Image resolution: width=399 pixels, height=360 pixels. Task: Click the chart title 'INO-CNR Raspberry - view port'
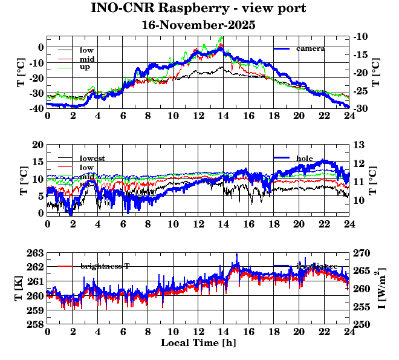(x=198, y=9)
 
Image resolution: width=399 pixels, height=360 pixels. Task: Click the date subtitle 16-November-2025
(x=198, y=25)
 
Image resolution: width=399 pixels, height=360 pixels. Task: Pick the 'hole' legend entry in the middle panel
(x=305, y=158)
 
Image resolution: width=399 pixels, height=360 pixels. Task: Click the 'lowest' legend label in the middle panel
(x=92, y=159)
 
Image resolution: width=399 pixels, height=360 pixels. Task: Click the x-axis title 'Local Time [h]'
(x=198, y=343)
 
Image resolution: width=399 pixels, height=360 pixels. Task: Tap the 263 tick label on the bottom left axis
(x=35, y=253)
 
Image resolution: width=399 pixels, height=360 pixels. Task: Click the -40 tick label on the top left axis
(x=34, y=108)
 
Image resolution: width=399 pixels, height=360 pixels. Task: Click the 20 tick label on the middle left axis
(x=38, y=145)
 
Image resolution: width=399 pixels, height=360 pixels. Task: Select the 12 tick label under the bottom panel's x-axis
(x=198, y=332)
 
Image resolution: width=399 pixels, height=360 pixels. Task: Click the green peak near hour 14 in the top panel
(x=222, y=38)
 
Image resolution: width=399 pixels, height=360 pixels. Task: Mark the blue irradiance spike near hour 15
(x=237, y=255)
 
